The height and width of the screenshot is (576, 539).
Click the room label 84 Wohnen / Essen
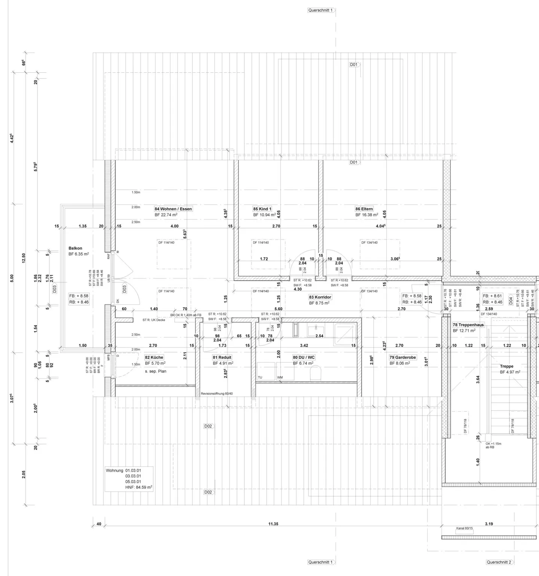(173, 209)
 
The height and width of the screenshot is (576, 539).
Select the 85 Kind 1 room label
(262, 209)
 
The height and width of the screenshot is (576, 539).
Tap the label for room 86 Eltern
(364, 209)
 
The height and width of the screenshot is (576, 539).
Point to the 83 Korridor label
(320, 297)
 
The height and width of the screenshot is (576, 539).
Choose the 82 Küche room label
(154, 357)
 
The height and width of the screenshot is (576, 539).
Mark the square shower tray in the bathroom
(347, 332)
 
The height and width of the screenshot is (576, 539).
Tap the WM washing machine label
(280, 378)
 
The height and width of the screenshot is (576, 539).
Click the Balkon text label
(75, 248)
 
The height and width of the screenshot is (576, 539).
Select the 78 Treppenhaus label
(468, 325)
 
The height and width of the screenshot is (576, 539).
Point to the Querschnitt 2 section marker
(499, 562)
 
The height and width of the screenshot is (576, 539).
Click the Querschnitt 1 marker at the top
(320, 10)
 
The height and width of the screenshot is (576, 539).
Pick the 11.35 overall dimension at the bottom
(273, 524)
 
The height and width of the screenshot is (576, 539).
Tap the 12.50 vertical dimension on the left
(24, 258)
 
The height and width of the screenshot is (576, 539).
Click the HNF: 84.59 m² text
(138, 487)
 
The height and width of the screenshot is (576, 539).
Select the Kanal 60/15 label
(465, 528)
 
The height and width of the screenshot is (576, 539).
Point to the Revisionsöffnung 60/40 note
(217, 393)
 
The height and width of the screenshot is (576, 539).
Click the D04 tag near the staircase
(511, 300)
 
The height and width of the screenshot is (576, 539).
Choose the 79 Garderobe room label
(403, 357)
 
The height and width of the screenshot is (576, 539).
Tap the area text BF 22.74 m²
(166, 215)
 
